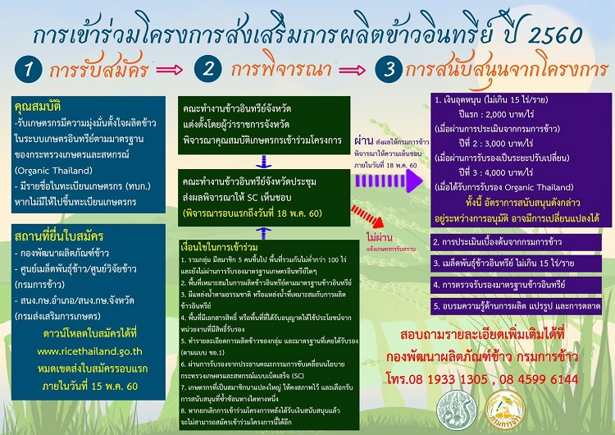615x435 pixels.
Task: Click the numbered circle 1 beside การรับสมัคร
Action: coord(28,71)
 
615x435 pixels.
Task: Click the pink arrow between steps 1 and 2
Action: coord(170,71)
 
